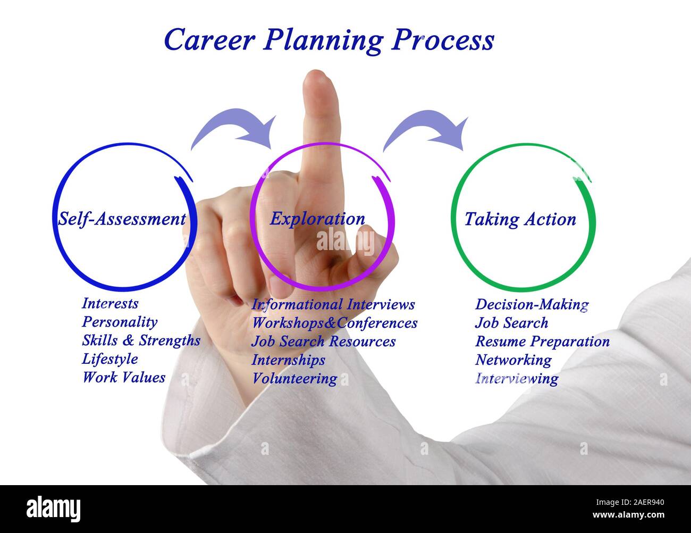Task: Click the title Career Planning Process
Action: click(328, 40)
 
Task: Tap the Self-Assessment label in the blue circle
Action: click(122, 219)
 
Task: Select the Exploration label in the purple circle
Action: click(317, 219)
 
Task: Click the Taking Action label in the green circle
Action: click(520, 219)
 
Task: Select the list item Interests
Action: click(110, 304)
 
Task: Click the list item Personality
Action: click(120, 322)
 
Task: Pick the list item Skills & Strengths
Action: click(141, 340)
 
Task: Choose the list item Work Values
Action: click(123, 378)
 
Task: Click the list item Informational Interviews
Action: click(333, 305)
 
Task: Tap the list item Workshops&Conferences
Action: click(334, 323)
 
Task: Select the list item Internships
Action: click(288, 360)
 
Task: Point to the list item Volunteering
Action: click(294, 379)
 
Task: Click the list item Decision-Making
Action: click(532, 305)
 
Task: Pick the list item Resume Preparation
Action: click(542, 342)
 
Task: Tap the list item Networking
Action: click(513, 360)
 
